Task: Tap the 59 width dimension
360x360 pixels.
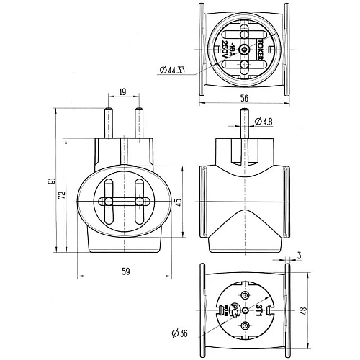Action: pos(126,271)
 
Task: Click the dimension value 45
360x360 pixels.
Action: pos(179,201)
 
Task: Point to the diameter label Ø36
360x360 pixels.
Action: pos(180,333)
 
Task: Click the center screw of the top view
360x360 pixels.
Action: pos(244,50)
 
